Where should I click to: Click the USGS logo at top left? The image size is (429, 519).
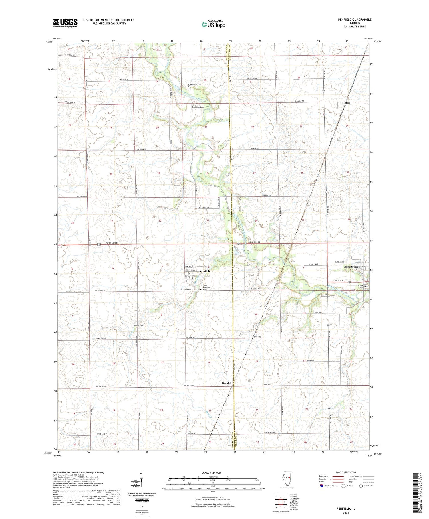tap(65, 23)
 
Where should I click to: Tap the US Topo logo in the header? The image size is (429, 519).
tap(213, 24)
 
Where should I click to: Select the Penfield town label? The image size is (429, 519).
tap(205, 271)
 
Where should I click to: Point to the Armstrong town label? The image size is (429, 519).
tap(351, 267)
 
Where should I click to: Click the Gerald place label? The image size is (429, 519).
tap(226, 383)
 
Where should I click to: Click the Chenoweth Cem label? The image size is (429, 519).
tap(195, 84)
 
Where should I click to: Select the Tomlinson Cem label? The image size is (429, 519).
tap(198, 107)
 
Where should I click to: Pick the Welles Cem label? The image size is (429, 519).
tap(139, 325)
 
